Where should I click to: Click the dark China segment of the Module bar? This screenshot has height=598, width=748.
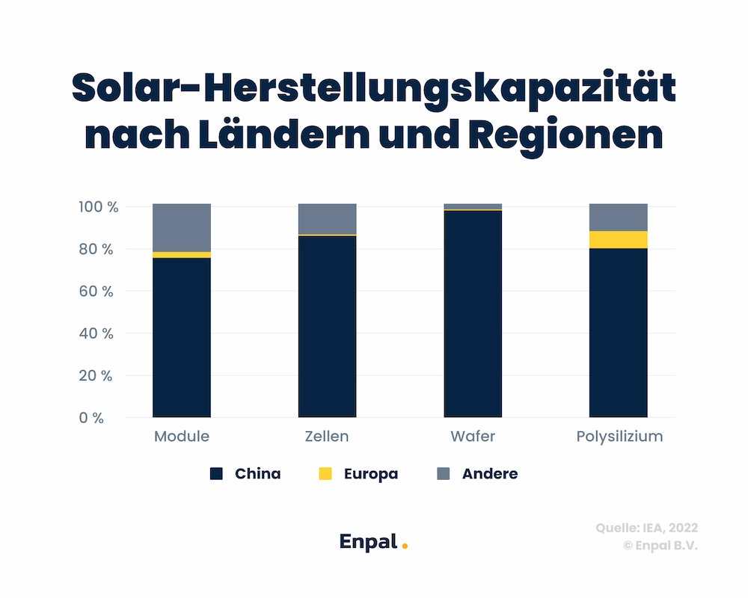coord(182,337)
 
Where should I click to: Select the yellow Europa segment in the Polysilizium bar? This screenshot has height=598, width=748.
coord(618,239)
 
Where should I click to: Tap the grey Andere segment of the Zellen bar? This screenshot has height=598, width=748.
coord(327,219)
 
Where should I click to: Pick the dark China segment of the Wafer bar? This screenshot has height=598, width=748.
coord(473,314)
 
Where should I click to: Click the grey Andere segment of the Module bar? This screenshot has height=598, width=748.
coord(182,227)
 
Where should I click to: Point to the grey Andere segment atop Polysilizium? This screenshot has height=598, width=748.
coord(618,217)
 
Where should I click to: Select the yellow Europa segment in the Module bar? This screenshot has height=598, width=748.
coord(182,255)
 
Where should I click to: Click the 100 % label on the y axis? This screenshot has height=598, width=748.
coord(98,207)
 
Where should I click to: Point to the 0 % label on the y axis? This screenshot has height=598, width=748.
coord(91,418)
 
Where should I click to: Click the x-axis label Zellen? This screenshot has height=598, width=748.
coord(327,437)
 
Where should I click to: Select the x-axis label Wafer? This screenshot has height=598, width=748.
coord(473,437)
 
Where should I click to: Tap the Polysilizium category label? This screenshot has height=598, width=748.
coord(619,437)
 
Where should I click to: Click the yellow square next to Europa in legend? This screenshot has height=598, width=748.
coord(325,474)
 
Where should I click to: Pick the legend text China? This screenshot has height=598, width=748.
coord(257,474)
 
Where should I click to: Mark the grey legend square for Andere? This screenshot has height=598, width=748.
coord(444,474)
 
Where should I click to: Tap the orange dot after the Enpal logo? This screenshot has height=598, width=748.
coord(405,546)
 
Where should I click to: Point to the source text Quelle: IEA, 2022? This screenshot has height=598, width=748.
coord(646,528)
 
